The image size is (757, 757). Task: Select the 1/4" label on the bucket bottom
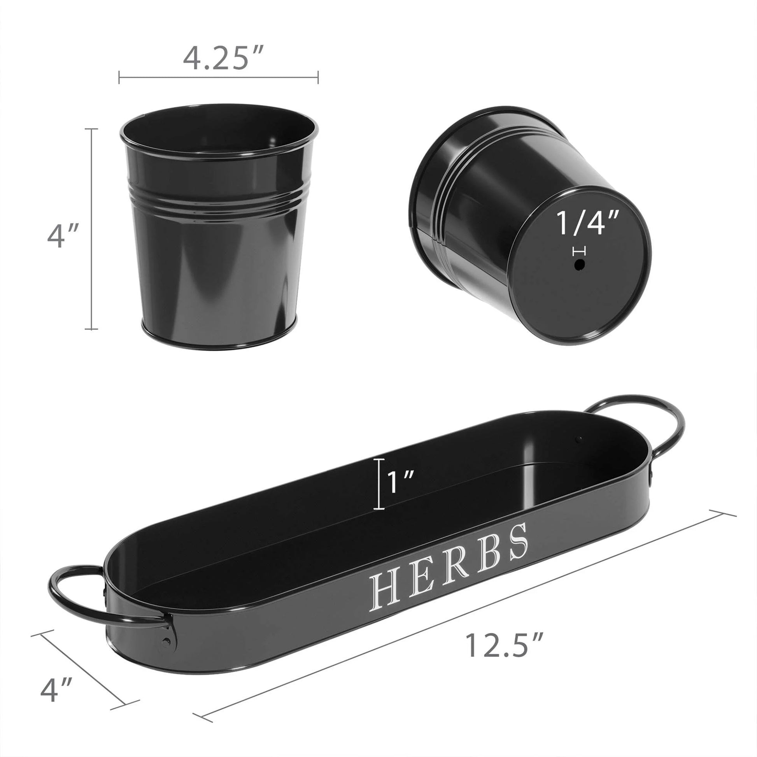pyautogui.click(x=587, y=224)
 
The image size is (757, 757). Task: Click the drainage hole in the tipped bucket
pyautogui.click(x=579, y=265)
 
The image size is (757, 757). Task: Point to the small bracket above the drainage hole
pyautogui.click(x=579, y=251)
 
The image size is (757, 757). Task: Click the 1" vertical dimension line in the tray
pyautogui.click(x=378, y=484)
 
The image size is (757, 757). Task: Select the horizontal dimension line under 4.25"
pyautogui.click(x=218, y=77)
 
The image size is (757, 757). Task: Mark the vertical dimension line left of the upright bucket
pyautogui.click(x=92, y=229)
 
